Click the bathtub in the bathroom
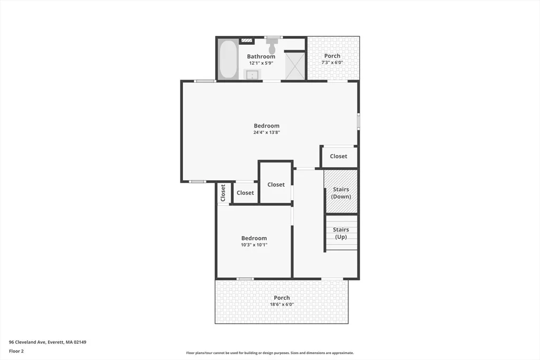click(228, 60)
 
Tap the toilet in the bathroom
click(272, 46)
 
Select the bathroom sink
click(253, 74)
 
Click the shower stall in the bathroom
click(295, 65)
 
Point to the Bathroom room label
click(261, 56)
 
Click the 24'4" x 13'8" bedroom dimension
click(266, 132)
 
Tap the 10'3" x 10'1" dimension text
click(254, 245)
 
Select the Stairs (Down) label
click(341, 193)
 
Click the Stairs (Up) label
click(341, 233)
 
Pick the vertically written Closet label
click(223, 193)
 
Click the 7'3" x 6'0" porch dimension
click(332, 63)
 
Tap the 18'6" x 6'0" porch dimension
click(282, 305)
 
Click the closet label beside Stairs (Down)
click(339, 156)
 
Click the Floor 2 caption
click(16, 351)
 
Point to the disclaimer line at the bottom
click(270, 353)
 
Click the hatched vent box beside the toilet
click(247, 41)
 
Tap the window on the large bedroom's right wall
click(358, 121)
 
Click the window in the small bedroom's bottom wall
click(245, 279)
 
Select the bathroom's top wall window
click(274, 37)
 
